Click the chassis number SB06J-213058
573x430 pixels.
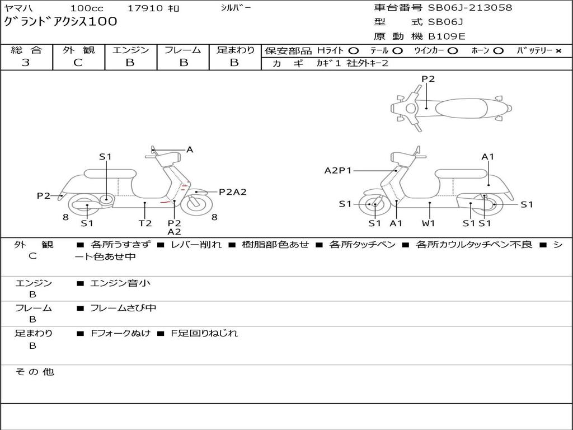(470, 8)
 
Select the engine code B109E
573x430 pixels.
(447, 37)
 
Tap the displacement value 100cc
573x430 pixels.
(83, 8)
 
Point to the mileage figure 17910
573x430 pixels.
(145, 8)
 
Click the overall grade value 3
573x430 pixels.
(26, 63)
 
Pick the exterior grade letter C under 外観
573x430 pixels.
(78, 63)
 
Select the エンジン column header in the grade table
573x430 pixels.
(130, 50)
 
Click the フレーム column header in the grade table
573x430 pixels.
(182, 50)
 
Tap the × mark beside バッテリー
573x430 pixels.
(558, 50)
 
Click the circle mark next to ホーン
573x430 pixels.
(499, 50)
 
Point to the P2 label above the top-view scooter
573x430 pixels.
(428, 79)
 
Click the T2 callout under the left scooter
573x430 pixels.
(145, 223)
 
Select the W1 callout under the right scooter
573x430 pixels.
(429, 223)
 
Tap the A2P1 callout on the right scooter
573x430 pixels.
(338, 171)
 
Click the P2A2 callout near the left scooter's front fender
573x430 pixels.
(232, 192)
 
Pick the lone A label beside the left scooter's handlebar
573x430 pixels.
(190, 149)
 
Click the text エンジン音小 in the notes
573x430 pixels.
(120, 283)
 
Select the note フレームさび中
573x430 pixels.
(123, 308)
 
